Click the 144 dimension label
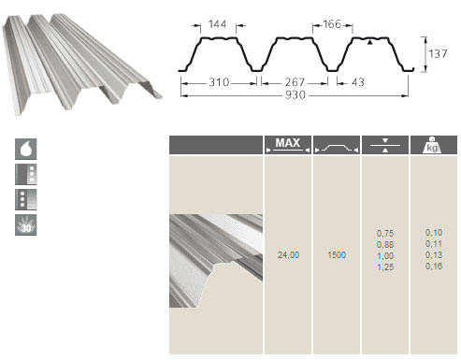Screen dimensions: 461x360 pos(217,24)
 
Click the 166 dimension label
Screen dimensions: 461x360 pos(332,24)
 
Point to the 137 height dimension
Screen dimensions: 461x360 pos(438,54)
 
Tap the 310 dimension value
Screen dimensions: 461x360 pos(219,82)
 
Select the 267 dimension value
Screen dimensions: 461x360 pos(295,82)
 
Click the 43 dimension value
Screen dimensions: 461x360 pos(358,82)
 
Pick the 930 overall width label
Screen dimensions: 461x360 pos(295,94)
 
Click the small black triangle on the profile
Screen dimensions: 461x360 pos(369,42)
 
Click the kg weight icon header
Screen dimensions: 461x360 pos(432,145)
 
